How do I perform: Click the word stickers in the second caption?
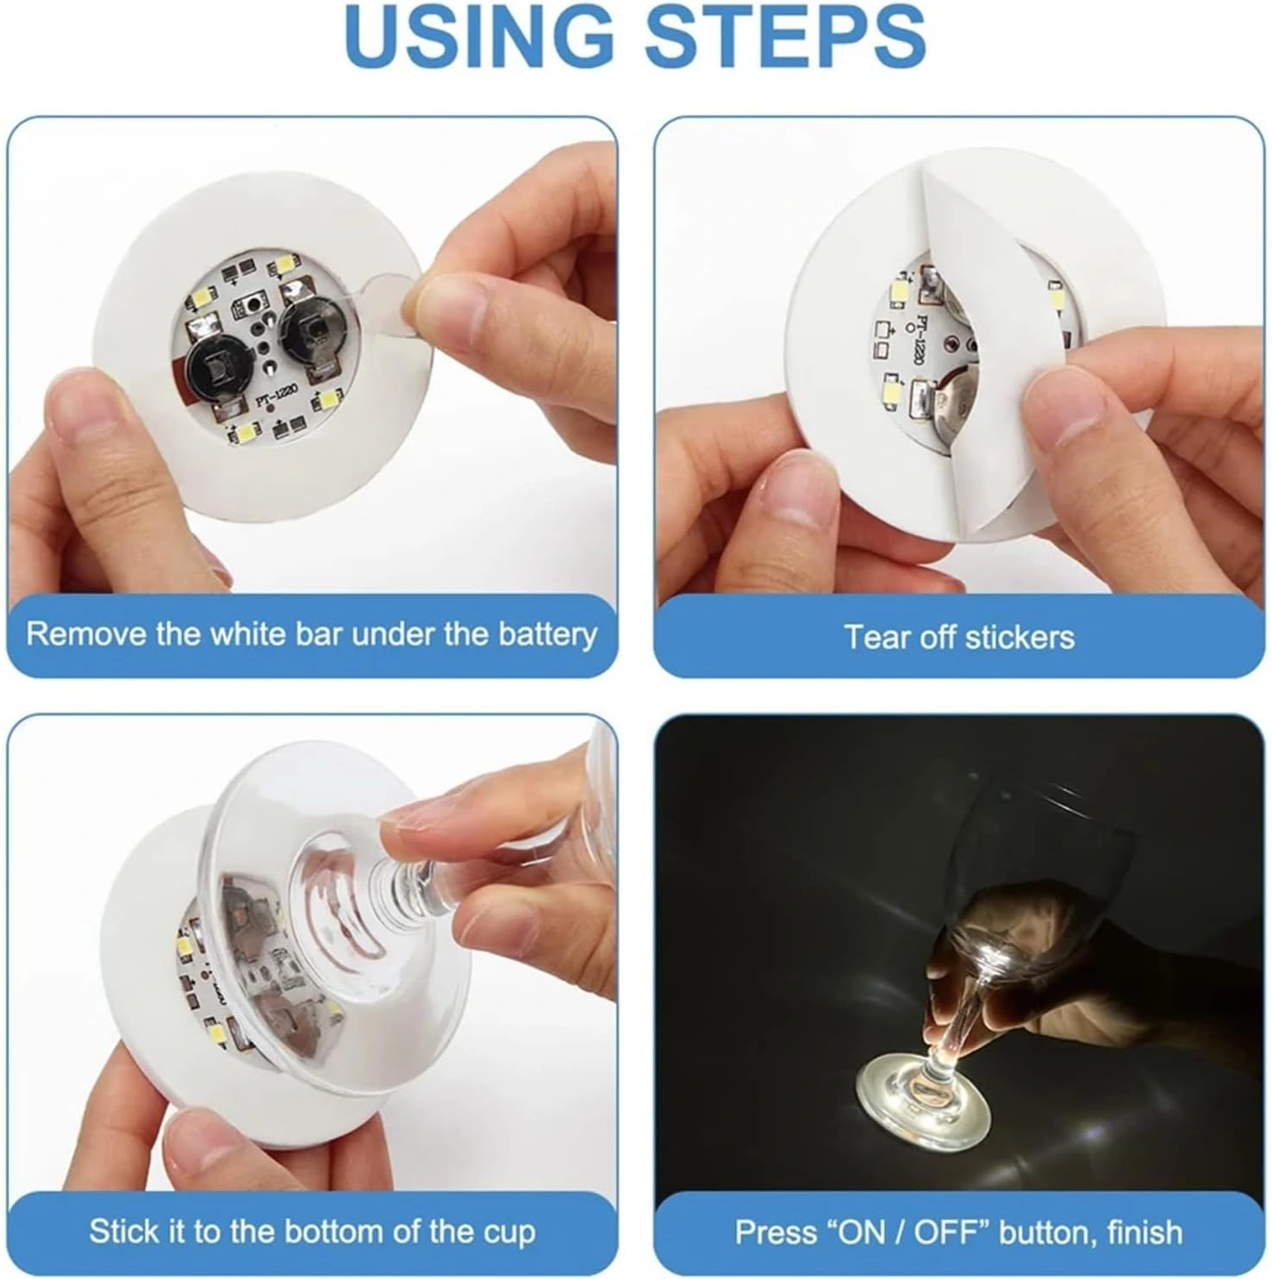pos(1019,638)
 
